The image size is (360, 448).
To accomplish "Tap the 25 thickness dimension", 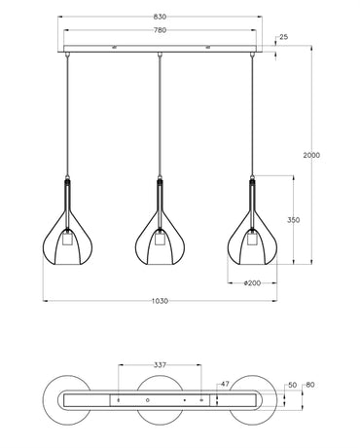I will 284,38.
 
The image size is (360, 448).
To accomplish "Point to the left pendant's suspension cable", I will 64,117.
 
